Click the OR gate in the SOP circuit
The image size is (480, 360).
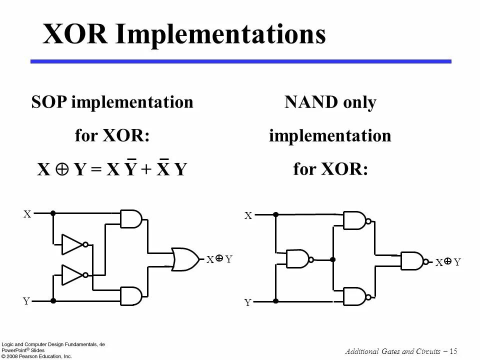click(184, 259)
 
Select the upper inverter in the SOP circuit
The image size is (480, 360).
click(73, 244)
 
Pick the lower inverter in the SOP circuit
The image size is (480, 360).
click(73, 274)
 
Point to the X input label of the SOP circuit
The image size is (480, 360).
click(27, 214)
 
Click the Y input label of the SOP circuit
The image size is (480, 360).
click(26, 301)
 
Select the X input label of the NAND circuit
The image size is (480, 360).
click(248, 216)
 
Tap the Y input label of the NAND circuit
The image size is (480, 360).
click(247, 302)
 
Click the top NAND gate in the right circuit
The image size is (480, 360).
click(354, 220)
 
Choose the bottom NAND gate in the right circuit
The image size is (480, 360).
click(354, 296)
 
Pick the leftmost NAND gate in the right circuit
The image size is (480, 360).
click(297, 258)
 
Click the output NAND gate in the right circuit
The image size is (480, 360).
click(412, 260)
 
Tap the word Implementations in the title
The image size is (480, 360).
click(221, 35)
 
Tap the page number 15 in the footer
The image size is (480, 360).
click(453, 351)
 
